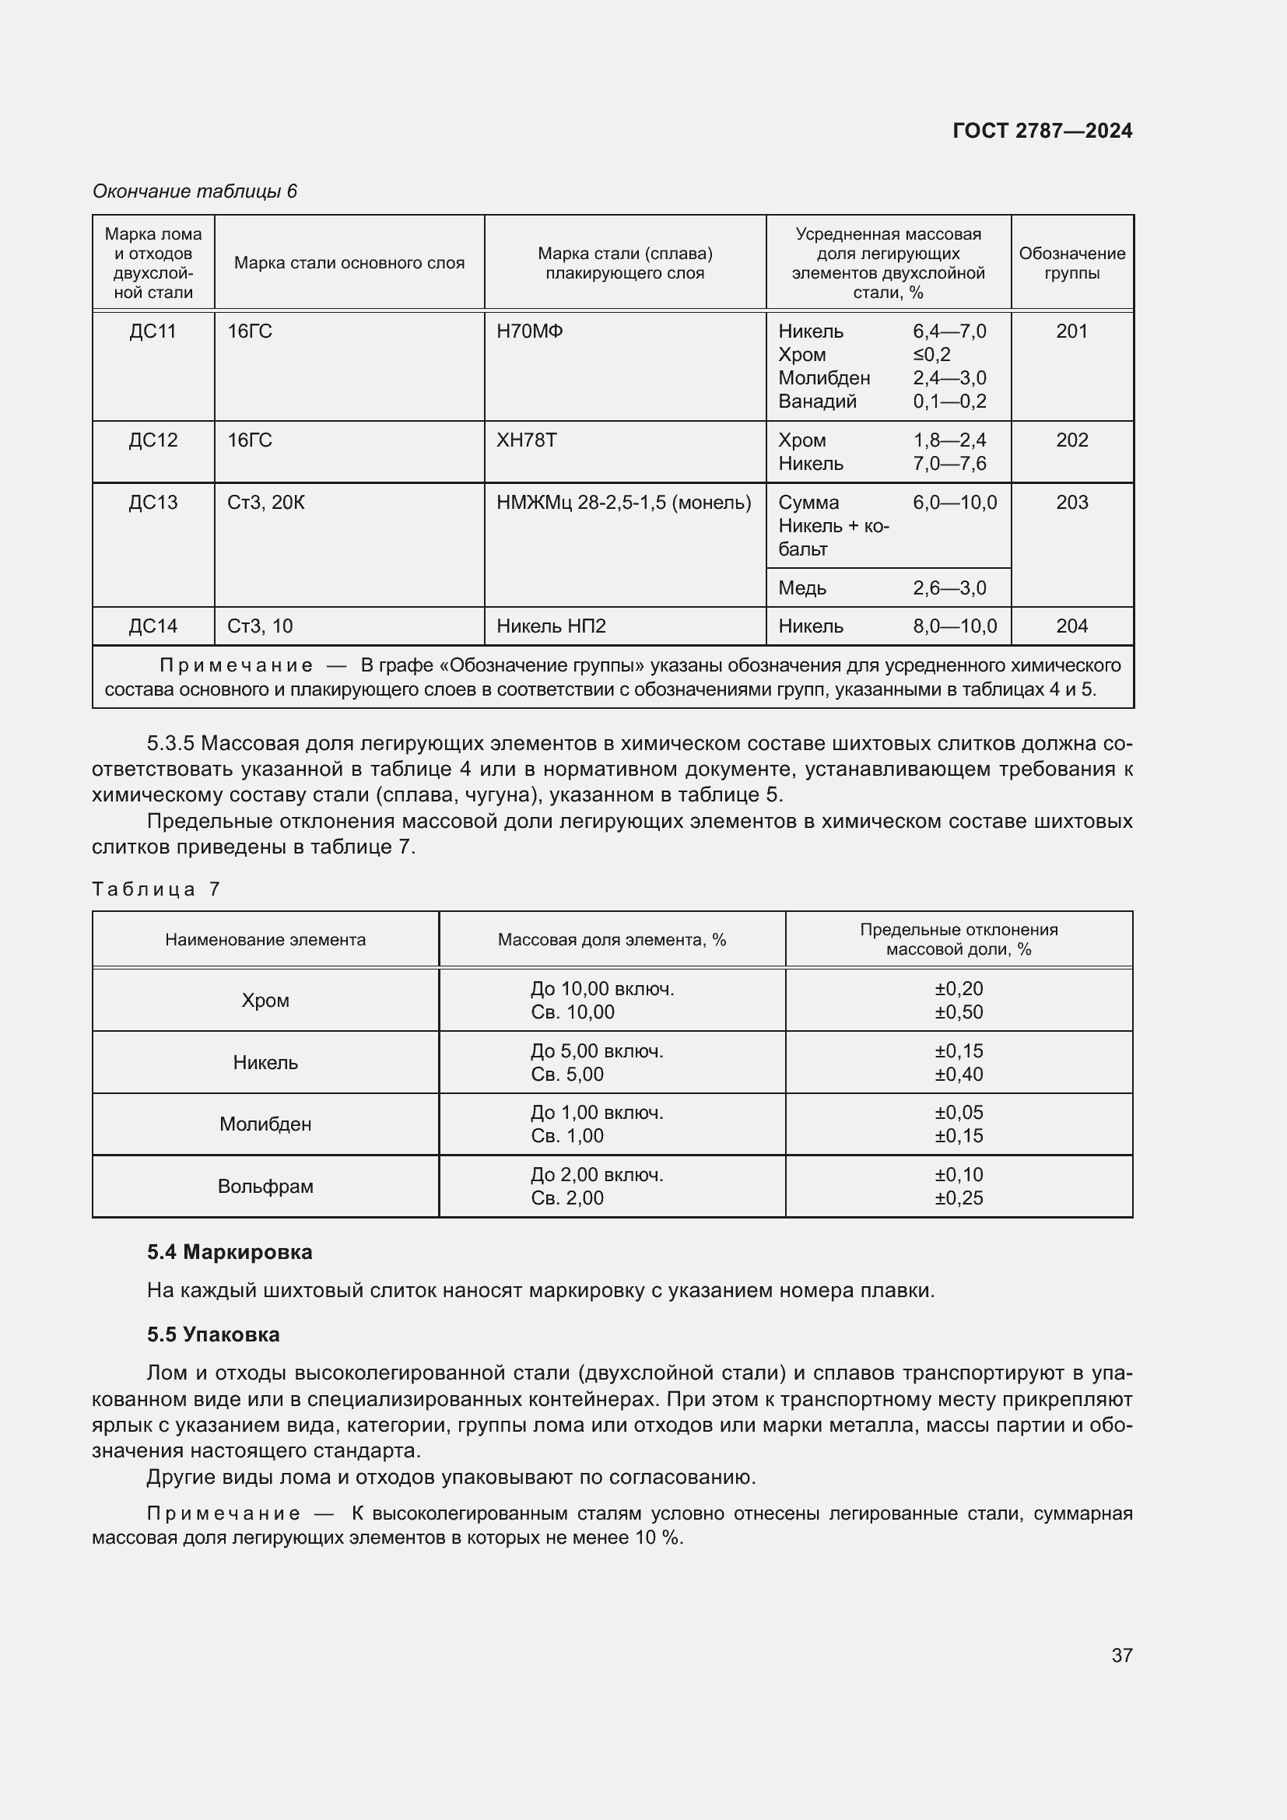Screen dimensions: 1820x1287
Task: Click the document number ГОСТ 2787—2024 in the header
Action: tap(1041, 131)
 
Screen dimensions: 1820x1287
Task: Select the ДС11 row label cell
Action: tap(153, 331)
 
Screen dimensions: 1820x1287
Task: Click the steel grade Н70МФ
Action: tap(529, 331)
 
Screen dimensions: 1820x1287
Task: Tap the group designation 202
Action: tap(1071, 440)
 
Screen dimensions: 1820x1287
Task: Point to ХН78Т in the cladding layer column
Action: tap(526, 440)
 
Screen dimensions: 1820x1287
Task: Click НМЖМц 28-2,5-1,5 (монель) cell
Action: tap(624, 503)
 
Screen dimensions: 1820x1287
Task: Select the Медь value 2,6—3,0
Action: tap(949, 588)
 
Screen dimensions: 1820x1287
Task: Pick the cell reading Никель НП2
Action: tap(551, 626)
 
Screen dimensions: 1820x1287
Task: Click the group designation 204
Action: tap(1071, 626)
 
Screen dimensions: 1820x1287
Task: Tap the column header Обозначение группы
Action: tap(1071, 263)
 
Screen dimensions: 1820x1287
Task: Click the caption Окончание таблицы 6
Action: tap(195, 191)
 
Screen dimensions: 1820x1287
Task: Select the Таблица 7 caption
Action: tap(156, 889)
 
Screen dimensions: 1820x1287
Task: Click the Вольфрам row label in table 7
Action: tap(265, 1187)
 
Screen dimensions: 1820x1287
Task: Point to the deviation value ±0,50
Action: tap(959, 1012)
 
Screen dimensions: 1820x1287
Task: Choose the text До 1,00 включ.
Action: tap(597, 1113)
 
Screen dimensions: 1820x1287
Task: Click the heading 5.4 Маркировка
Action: tap(230, 1253)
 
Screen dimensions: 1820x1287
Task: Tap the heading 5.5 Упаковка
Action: tap(213, 1335)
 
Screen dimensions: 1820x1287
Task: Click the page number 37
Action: tap(1121, 1655)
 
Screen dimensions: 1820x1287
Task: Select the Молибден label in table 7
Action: tap(265, 1124)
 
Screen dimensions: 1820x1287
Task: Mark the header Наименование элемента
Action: tap(265, 940)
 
